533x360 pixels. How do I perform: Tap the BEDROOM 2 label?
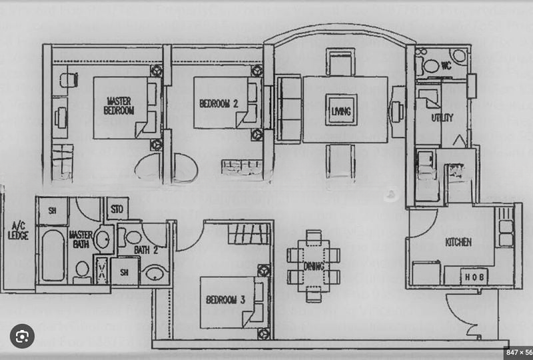(x=218, y=103)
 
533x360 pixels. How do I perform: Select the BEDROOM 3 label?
(x=225, y=301)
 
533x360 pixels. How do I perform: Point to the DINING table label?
(x=314, y=267)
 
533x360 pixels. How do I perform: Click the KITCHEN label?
(x=458, y=242)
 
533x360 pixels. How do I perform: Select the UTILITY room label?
(x=442, y=118)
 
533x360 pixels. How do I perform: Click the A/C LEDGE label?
(x=17, y=231)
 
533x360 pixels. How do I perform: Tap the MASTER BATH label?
(x=80, y=239)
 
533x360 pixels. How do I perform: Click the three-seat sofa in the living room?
(x=288, y=109)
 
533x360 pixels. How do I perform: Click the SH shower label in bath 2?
(x=125, y=272)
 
